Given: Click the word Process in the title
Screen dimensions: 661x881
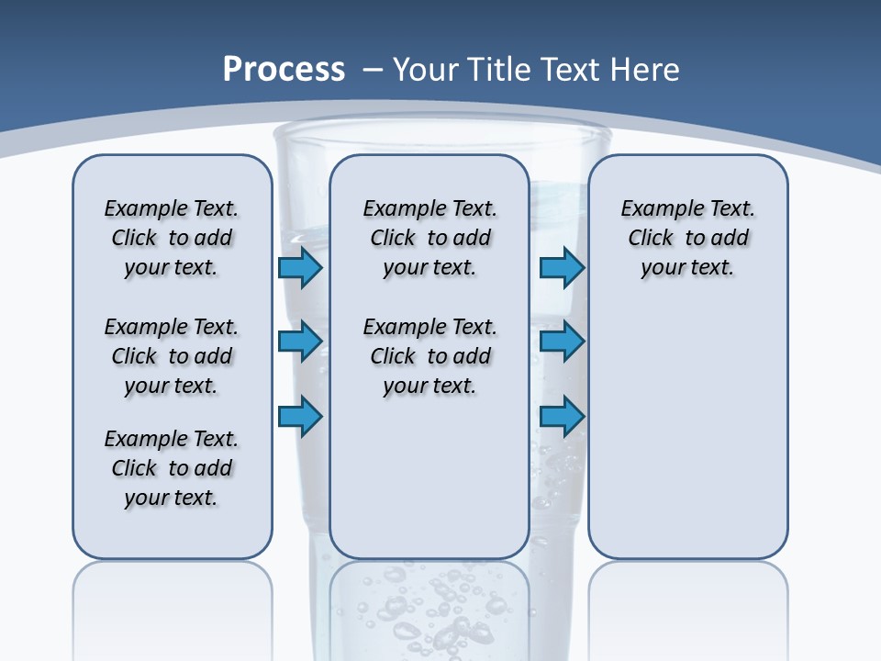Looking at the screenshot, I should [x=284, y=70].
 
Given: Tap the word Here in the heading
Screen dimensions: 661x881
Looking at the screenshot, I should [x=642, y=70].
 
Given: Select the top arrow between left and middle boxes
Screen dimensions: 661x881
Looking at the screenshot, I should [x=300, y=268].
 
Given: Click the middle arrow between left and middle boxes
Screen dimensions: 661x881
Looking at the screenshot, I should [x=300, y=342].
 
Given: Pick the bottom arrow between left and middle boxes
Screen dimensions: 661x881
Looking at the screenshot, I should [x=300, y=417].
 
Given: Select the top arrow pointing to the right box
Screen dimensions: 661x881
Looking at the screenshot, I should [x=562, y=268].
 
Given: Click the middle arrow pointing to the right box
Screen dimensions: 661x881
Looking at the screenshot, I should [x=562, y=342].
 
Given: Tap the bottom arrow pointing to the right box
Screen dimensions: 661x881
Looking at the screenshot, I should [x=562, y=417].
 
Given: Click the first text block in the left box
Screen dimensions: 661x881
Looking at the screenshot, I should [x=172, y=238].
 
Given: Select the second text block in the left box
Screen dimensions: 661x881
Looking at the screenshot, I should [x=172, y=356].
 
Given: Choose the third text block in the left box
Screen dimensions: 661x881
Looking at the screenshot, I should [x=172, y=468].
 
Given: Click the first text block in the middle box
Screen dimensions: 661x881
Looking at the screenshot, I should [x=429, y=238].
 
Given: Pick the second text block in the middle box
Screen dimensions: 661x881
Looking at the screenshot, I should [x=429, y=356].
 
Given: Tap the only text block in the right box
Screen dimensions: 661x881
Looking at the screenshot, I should [x=687, y=238].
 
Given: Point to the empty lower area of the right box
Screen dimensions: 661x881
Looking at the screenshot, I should [x=687, y=441].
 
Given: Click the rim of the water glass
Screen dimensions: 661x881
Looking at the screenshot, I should [x=440, y=133].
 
